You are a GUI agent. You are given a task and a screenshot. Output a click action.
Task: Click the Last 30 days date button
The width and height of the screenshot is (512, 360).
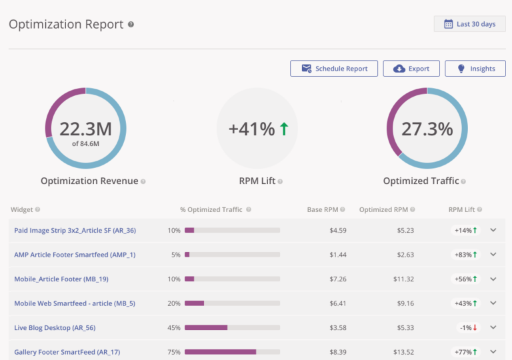(x=469, y=24)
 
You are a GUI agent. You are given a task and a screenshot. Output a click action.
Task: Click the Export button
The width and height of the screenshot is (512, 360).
(x=411, y=69)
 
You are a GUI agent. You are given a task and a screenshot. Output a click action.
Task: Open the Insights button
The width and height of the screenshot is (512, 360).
(x=475, y=69)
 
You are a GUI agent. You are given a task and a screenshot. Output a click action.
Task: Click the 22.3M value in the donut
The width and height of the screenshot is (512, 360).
(x=86, y=129)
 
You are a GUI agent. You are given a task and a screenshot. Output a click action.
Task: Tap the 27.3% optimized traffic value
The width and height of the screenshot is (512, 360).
(x=427, y=129)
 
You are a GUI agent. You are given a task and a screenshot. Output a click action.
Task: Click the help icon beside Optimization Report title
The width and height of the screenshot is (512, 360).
(x=131, y=25)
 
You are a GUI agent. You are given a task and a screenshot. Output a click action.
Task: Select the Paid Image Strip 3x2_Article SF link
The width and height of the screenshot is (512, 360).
(x=75, y=231)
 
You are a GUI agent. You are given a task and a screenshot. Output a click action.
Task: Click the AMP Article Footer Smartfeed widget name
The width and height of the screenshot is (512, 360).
(x=75, y=255)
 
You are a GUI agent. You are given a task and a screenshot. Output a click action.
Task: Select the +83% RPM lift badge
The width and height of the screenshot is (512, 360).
(x=466, y=255)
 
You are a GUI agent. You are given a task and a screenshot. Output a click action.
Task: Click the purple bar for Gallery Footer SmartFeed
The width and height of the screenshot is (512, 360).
(x=220, y=351)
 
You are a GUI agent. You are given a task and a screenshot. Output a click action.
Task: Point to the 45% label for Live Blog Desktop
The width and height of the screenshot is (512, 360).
(x=174, y=327)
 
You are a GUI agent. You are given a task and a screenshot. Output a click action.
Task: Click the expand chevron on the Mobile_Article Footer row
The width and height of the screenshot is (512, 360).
(x=493, y=279)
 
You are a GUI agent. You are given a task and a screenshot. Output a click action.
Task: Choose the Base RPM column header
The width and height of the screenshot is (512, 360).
(x=322, y=209)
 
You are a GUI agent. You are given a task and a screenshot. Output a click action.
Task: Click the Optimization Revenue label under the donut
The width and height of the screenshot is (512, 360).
(x=89, y=181)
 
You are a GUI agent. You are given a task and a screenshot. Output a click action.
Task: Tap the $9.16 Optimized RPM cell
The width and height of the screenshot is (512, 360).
(x=403, y=303)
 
